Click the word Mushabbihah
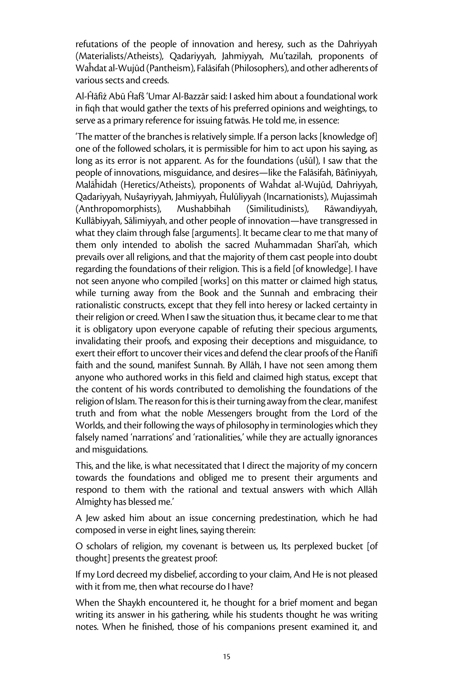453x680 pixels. [x=204, y=209]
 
